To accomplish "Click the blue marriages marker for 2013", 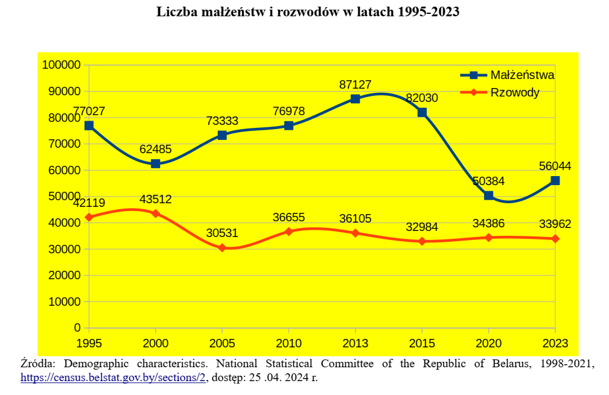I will pyautogui.click(x=356, y=99).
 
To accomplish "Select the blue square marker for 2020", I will pyautogui.click(x=489, y=195).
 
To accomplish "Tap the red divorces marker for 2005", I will pyautogui.click(x=222, y=248).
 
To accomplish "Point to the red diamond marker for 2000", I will pyautogui.click(x=156, y=213).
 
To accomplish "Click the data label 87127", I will pyautogui.click(x=356, y=85).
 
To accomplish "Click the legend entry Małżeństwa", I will pyautogui.click(x=522, y=75).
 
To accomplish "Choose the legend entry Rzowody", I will pyautogui.click(x=515, y=92).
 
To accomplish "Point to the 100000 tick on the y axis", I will pyautogui.click(x=61, y=65).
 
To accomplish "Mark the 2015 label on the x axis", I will pyautogui.click(x=422, y=344).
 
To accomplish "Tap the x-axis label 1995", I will pyautogui.click(x=89, y=344).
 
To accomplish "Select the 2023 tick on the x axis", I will pyautogui.click(x=555, y=344).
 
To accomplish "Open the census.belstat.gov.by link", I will pyautogui.click(x=114, y=378).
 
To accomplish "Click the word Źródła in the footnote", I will pyautogui.click(x=39, y=364).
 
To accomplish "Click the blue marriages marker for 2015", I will pyautogui.click(x=422, y=113).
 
